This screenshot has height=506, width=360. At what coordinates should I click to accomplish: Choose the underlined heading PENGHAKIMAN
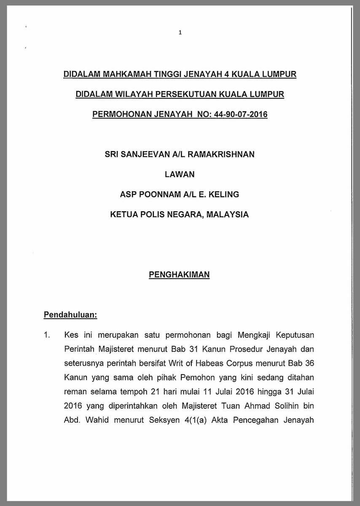180,275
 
